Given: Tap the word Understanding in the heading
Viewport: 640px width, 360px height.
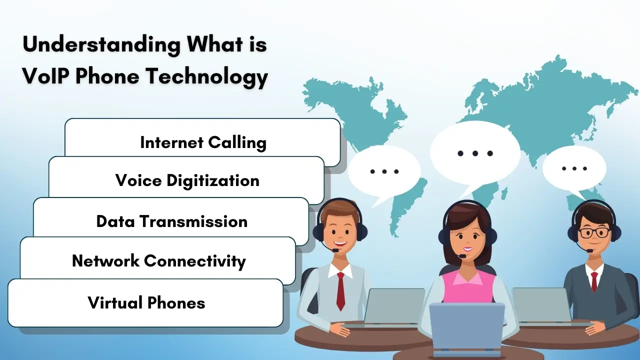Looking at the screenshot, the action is (x=101, y=45).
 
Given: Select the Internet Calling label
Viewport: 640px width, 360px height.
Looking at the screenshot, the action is (x=203, y=143).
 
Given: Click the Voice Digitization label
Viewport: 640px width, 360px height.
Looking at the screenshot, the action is (x=187, y=181).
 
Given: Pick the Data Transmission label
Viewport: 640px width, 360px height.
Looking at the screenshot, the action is (x=171, y=221).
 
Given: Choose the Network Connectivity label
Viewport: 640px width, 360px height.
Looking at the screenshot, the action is (x=159, y=261).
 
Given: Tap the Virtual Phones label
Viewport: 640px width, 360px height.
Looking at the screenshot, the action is (x=146, y=303).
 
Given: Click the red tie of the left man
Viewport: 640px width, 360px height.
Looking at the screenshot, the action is (x=340, y=291).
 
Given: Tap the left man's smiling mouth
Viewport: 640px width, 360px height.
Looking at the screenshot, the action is (x=339, y=244).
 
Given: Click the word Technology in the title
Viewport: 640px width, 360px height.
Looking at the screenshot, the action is (x=207, y=77).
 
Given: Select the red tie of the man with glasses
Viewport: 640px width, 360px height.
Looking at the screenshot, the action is (x=594, y=281).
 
